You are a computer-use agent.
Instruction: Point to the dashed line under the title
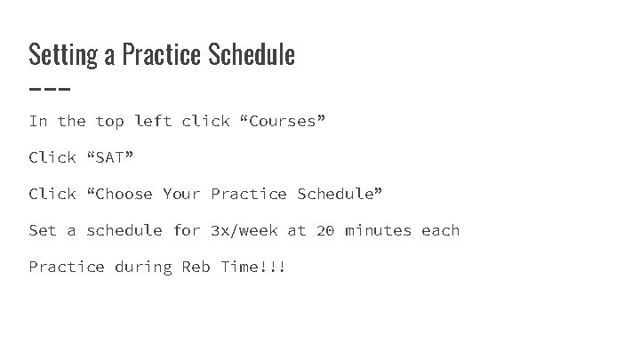point(49,89)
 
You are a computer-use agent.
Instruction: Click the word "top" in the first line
point(109,121)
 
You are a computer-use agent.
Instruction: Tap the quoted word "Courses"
point(283,121)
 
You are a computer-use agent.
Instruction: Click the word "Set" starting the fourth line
point(43,230)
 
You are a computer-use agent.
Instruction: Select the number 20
point(324,230)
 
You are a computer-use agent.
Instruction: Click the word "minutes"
point(378,230)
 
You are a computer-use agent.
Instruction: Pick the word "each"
point(440,230)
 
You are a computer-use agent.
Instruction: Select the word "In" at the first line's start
point(38,121)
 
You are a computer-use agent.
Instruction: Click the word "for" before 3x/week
point(187,230)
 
